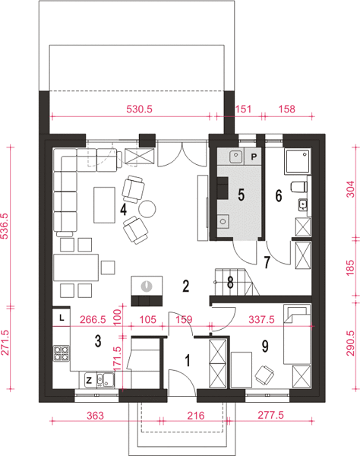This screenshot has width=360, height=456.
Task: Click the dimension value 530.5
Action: coord(139,109)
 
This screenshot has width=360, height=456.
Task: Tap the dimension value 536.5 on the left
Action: coord(5,226)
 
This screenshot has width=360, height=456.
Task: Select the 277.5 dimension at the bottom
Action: coord(270,415)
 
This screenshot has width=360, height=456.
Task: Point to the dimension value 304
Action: coord(351,189)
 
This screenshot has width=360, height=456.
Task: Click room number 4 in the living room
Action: coord(124,210)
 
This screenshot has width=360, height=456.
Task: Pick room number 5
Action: coord(242,195)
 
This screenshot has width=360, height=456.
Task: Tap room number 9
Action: coord(265,346)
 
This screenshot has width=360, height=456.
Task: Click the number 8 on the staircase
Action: coord(230,282)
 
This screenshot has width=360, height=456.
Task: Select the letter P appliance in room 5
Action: coord(254,157)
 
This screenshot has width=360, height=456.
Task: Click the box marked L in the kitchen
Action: coord(62,318)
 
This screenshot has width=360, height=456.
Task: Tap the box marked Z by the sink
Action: coord(89,380)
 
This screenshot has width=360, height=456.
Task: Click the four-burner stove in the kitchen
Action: coord(62,353)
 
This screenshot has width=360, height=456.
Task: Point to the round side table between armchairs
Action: coord(147,209)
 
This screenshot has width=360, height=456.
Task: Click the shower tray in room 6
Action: coord(298,161)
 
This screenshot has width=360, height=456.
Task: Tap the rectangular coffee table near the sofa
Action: coord(104,205)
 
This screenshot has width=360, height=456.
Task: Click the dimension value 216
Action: coord(195,416)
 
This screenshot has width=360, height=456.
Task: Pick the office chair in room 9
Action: coord(264,374)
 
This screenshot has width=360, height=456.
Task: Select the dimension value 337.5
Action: coord(261,320)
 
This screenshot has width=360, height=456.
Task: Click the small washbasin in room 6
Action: coord(303,204)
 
